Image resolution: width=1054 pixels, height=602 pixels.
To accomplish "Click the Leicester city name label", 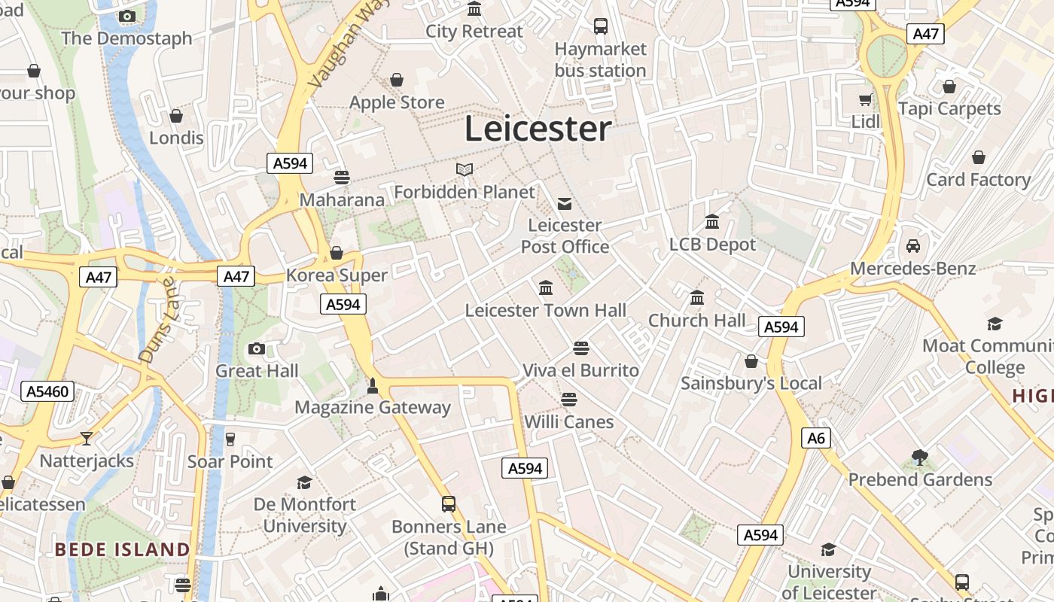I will click(x=538, y=129).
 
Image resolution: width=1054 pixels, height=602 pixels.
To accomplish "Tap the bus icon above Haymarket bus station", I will click(x=600, y=26).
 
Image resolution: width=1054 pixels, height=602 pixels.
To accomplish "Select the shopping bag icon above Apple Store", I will click(x=397, y=80).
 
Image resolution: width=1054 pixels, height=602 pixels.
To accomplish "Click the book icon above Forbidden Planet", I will click(x=465, y=170).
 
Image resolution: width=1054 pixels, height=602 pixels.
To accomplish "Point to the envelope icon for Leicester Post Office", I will click(x=565, y=203).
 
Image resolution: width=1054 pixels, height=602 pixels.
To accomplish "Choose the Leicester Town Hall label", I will click(x=545, y=310).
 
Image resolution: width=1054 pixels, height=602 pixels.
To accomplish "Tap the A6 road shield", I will click(x=816, y=438).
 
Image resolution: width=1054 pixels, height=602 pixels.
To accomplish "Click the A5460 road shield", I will click(x=48, y=391).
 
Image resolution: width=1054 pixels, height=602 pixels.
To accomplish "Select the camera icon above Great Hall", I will click(x=257, y=348).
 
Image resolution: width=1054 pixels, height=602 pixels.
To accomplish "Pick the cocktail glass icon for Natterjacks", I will click(x=87, y=438).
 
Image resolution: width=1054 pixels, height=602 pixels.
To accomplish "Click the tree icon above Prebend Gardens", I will click(x=918, y=457).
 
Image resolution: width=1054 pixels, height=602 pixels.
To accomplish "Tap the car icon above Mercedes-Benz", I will click(x=912, y=246).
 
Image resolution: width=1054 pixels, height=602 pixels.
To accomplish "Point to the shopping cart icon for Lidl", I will click(x=866, y=99).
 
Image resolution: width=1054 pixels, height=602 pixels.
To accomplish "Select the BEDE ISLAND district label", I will click(x=122, y=549).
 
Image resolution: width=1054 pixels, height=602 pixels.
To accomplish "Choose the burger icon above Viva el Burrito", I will click(x=580, y=348).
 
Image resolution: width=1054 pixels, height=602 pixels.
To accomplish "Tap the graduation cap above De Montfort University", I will click(x=304, y=482).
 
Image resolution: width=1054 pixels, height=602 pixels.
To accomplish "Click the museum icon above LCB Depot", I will click(x=712, y=222).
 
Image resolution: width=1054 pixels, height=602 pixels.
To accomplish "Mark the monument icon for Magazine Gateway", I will click(x=371, y=386).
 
